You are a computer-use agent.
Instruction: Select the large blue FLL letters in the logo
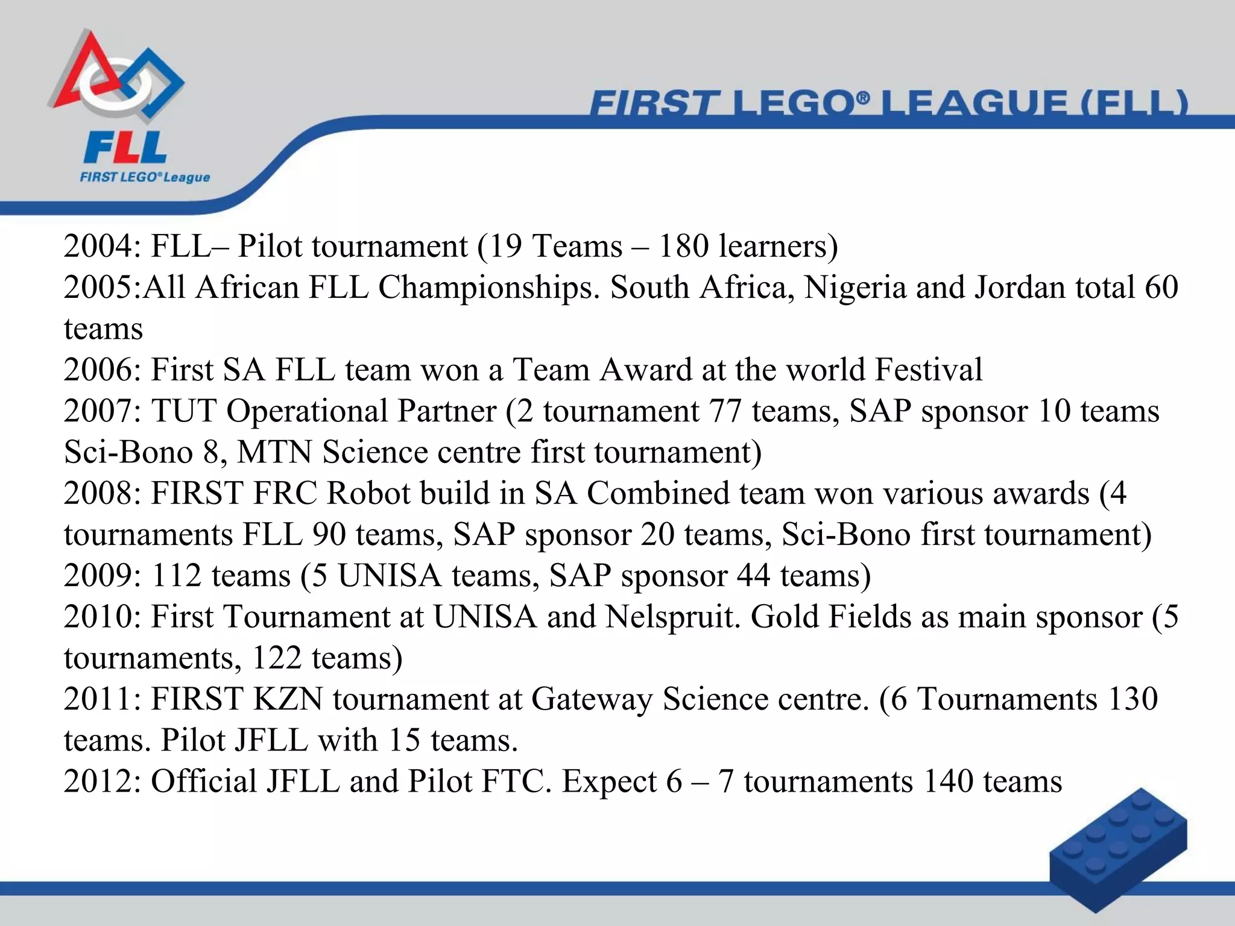click(125, 148)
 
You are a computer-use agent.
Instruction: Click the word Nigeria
click(855, 288)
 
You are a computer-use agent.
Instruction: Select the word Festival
click(929, 370)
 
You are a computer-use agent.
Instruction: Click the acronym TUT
click(183, 411)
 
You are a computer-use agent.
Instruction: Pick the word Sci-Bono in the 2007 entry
click(128, 452)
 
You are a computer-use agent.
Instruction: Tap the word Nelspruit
click(672, 617)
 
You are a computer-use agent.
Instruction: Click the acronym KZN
click(288, 699)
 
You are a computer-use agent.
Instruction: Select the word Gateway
click(592, 699)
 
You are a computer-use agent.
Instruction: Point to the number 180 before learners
click(683, 247)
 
